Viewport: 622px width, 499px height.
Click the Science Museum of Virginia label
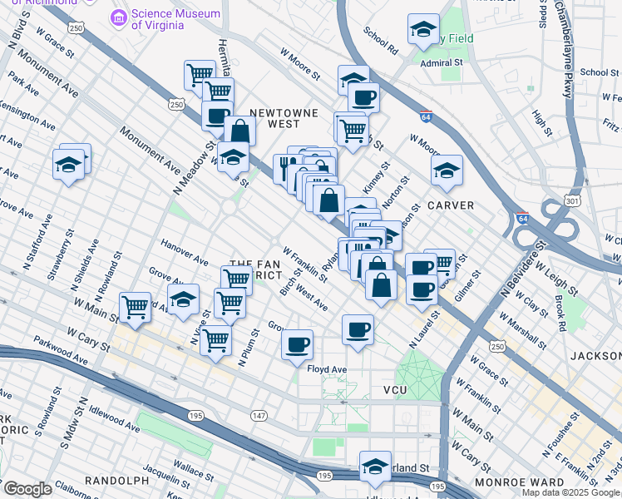pyautogui.click(x=175, y=18)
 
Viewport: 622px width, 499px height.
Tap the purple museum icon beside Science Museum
pyautogui.click(x=119, y=16)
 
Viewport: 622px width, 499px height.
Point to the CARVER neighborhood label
pyautogui.click(x=450, y=205)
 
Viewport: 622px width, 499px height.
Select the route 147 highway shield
pyautogui.click(x=259, y=415)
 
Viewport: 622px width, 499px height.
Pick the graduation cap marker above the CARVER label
pyautogui.click(x=447, y=171)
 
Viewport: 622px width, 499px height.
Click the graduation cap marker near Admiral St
pyautogui.click(x=423, y=30)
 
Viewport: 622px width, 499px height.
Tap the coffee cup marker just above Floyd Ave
pyautogui.click(x=297, y=344)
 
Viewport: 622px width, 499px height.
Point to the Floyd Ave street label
pyautogui.click(x=326, y=369)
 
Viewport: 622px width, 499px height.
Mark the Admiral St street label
pyautogui.click(x=441, y=62)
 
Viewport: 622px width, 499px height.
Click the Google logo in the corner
pyautogui.click(x=27, y=488)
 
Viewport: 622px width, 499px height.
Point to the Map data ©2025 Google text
pyautogui.click(x=571, y=492)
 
